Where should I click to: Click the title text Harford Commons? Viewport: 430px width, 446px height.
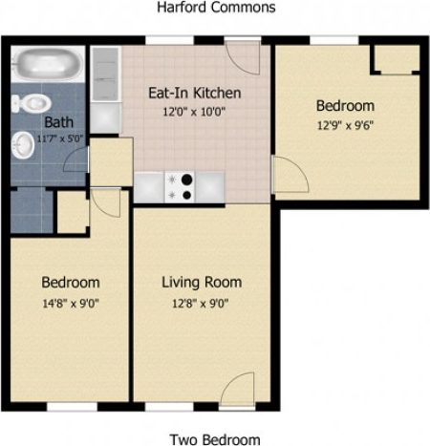tap(215, 8)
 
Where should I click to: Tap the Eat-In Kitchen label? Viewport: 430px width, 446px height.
tap(194, 94)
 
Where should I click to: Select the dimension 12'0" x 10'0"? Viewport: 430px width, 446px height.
tap(194, 111)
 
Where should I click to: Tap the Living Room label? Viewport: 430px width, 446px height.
tap(201, 282)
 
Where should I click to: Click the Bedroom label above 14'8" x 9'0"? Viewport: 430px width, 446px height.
tap(71, 283)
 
